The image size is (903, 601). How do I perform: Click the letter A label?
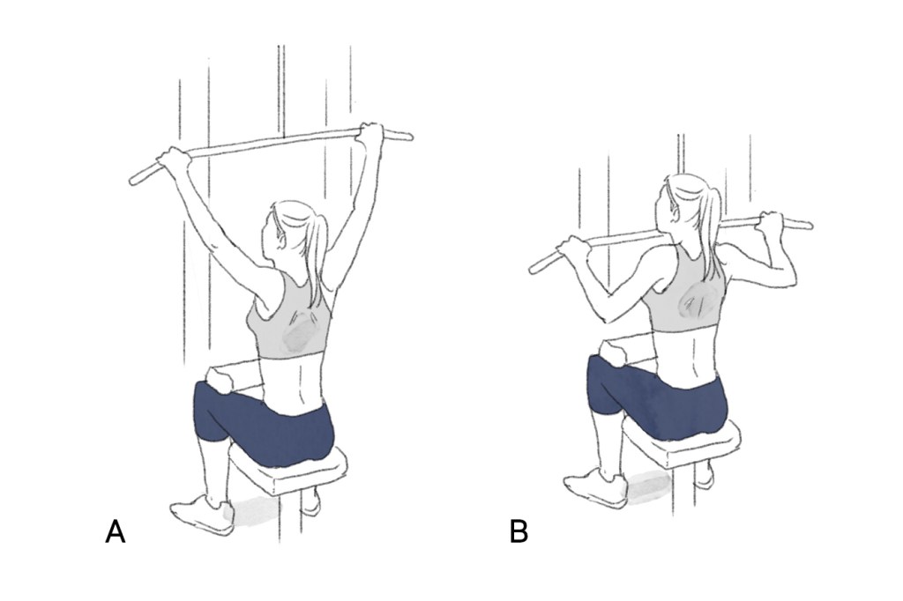pos(116,531)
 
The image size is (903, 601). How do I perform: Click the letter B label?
pos(519,531)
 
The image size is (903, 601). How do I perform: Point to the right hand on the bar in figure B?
pos(772,223)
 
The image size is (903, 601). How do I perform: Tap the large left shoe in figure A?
pos(202,514)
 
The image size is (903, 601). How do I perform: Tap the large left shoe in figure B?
pos(596,489)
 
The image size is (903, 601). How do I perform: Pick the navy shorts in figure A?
pos(262,420)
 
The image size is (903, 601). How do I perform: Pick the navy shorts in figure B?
pos(656,394)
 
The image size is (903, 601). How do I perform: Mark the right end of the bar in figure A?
pos(409,137)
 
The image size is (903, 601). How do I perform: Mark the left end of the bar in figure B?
pos(534,268)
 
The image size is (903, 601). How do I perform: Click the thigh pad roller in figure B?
pos(614,352)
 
